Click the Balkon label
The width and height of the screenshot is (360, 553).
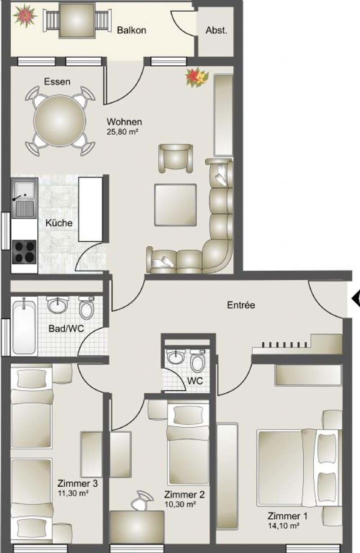[131, 30]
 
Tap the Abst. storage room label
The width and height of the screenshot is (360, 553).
[216, 30]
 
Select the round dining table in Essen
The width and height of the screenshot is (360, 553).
[59, 121]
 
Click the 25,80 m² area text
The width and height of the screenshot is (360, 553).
[122, 132]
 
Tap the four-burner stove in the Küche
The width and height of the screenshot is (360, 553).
[24, 252]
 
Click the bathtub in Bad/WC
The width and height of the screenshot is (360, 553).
[24, 326]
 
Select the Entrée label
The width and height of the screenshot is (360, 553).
[241, 305]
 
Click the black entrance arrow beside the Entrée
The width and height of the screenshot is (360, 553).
[355, 299]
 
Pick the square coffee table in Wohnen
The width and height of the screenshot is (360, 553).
[175, 205]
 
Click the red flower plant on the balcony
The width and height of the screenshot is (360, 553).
[25, 15]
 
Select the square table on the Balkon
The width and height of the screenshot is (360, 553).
[77, 21]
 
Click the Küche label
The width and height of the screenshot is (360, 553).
[59, 223]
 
